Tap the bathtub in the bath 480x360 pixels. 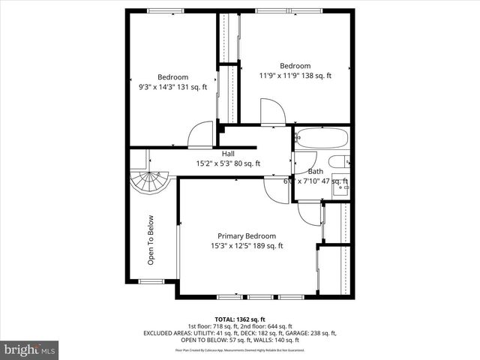click(321, 139)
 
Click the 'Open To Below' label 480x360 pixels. click(151, 241)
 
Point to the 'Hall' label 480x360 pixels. click(228, 154)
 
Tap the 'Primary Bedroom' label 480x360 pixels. click(247, 235)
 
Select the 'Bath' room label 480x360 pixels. click(316, 172)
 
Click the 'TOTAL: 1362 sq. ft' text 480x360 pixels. click(241, 319)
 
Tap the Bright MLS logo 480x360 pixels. click(30, 349)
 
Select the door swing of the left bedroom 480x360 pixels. click(201, 135)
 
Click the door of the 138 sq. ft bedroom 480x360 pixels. click(272, 112)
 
